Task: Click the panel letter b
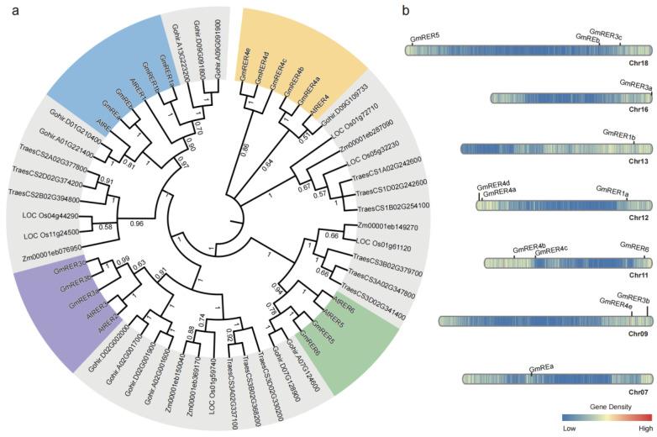coord(406,11)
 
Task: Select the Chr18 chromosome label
coord(639,63)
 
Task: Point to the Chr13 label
coord(639,161)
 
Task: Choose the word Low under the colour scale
coord(569,429)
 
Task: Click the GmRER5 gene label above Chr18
coord(425,38)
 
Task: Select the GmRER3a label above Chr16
coord(636,86)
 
